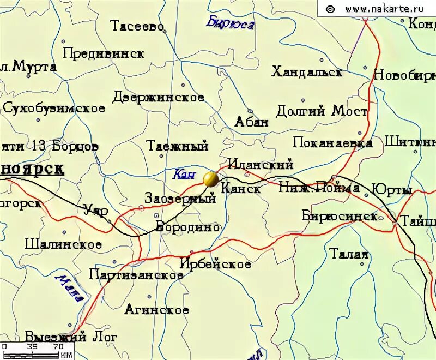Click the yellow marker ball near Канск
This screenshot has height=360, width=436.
point(210,179)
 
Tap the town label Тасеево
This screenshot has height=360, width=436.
point(137,26)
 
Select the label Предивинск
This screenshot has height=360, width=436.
point(104,53)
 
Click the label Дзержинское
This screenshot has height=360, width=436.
point(158,98)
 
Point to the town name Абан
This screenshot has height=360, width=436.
point(251,122)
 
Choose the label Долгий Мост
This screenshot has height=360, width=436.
point(322,112)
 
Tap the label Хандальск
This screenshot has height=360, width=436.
point(307,72)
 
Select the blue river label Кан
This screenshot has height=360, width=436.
point(184,175)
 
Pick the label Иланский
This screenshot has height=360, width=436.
point(260,164)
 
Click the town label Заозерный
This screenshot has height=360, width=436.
point(180,199)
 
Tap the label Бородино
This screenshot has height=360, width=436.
point(187,227)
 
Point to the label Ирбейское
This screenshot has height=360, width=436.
point(215,265)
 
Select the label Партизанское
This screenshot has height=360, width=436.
point(136,275)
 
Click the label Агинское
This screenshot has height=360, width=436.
point(156,310)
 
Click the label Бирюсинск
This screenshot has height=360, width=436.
point(340,216)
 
